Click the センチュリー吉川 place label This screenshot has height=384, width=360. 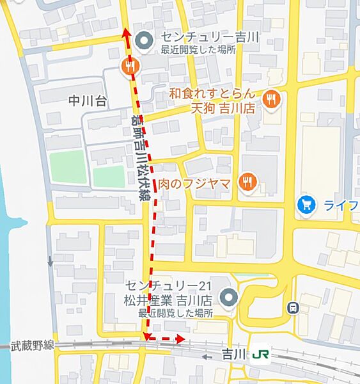click(209, 37)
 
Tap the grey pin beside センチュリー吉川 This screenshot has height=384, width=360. click(145, 42)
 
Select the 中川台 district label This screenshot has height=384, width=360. click(88, 100)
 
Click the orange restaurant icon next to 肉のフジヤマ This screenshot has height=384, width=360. click(246, 182)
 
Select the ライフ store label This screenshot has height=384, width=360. click(341, 205)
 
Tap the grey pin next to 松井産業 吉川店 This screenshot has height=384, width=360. click(228, 297)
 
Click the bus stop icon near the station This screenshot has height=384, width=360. click(293, 307)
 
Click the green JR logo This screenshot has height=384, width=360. click(260, 354)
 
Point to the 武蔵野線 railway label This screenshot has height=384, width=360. click(33, 345)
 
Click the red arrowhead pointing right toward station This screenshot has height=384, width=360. click(181, 339)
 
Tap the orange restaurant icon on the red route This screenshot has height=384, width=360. click(130, 65)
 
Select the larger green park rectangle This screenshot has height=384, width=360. click(68, 166)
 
